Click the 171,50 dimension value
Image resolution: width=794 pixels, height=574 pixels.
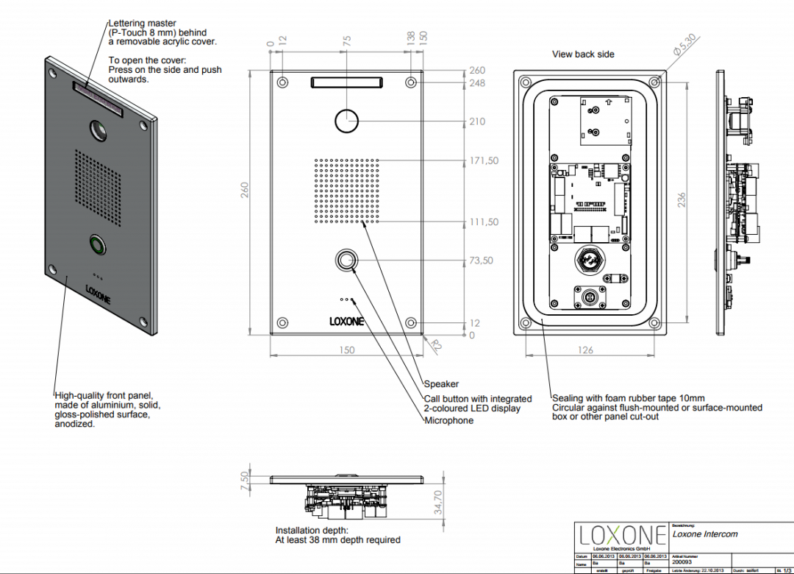tap(483, 160)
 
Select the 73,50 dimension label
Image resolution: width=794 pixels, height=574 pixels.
tap(481, 261)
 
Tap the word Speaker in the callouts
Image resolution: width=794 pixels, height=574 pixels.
tap(441, 383)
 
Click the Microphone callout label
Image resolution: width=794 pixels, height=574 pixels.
tap(448, 420)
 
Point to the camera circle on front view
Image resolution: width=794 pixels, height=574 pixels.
tap(346, 121)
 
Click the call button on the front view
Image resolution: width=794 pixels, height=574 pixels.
tap(346, 261)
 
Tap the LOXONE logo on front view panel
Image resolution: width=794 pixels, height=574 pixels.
tap(346, 321)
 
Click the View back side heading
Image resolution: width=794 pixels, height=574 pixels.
tap(583, 54)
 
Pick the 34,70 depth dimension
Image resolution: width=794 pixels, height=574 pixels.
tap(438, 504)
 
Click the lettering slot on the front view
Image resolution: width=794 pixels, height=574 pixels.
tap(346, 81)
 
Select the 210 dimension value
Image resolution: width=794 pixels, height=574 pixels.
tap(476, 121)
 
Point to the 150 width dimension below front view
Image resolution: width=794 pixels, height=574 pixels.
tap(346, 350)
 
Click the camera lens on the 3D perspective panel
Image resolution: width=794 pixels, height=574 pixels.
tap(98, 131)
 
